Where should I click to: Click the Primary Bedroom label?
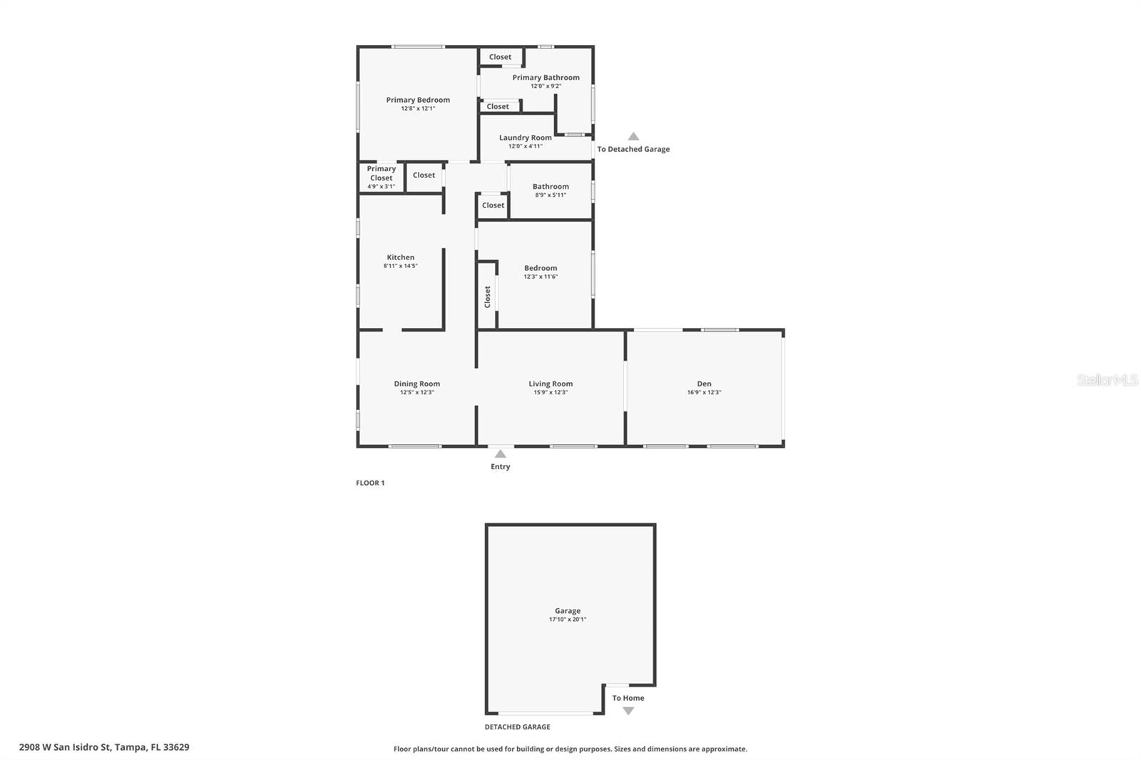pyautogui.click(x=418, y=100)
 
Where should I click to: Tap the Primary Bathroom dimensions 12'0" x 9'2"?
pyautogui.click(x=546, y=86)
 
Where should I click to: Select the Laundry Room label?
pyautogui.click(x=525, y=138)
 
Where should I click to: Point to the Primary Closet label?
pyautogui.click(x=381, y=173)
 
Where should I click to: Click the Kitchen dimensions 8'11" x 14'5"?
pyautogui.click(x=400, y=266)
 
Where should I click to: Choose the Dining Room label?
pyautogui.click(x=416, y=384)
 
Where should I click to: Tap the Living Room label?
pyautogui.click(x=551, y=384)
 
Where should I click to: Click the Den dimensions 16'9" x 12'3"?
pyautogui.click(x=704, y=392)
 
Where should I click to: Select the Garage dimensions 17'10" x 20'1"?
pyautogui.click(x=568, y=620)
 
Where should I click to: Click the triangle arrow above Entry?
pyautogui.click(x=501, y=454)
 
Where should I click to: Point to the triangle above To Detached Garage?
pyautogui.click(x=633, y=137)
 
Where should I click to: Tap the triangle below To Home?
pyautogui.click(x=628, y=711)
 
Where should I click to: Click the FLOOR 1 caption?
pyautogui.click(x=370, y=483)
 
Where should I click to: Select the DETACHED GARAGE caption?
pyautogui.click(x=517, y=727)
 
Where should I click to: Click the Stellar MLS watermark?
pyautogui.click(x=1107, y=380)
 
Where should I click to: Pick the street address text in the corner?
pyautogui.click(x=104, y=747)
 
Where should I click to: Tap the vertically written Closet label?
pyautogui.click(x=488, y=296)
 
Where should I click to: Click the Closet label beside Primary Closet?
pyautogui.click(x=424, y=175)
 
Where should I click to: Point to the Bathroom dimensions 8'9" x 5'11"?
pyautogui.click(x=551, y=195)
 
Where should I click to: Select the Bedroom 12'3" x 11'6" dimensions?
pyautogui.click(x=541, y=277)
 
